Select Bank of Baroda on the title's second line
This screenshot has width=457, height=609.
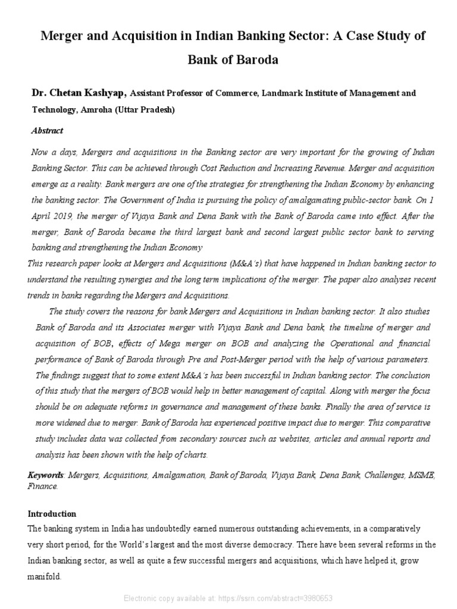(233, 61)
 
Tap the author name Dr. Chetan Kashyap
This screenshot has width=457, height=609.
(79, 93)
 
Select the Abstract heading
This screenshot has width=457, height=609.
(47, 130)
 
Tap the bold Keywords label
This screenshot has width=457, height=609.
(45, 475)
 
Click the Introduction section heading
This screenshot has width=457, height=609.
(52, 514)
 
